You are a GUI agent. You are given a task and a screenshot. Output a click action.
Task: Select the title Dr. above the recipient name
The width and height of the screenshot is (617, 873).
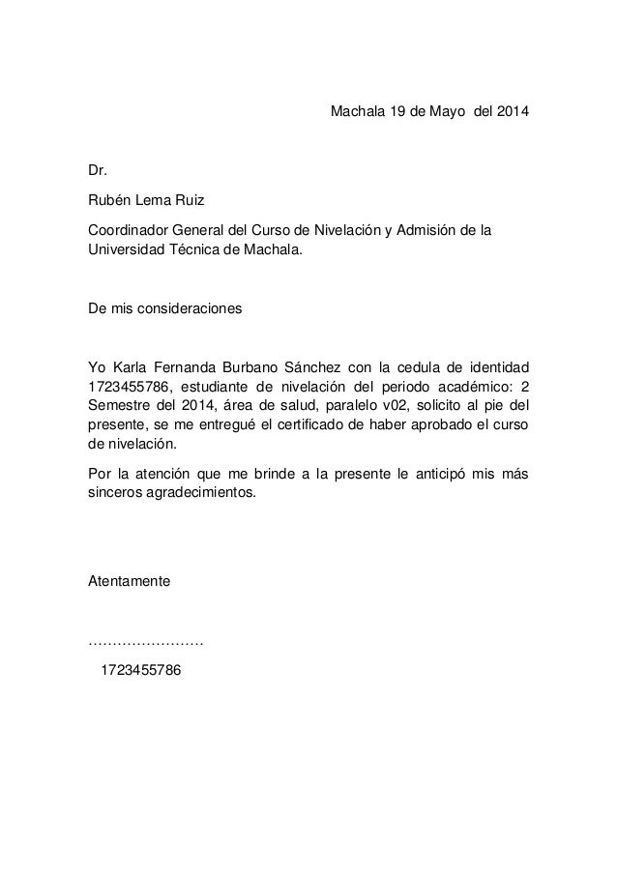97,172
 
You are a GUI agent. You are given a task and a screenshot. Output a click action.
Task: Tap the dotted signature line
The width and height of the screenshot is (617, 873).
145,641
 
